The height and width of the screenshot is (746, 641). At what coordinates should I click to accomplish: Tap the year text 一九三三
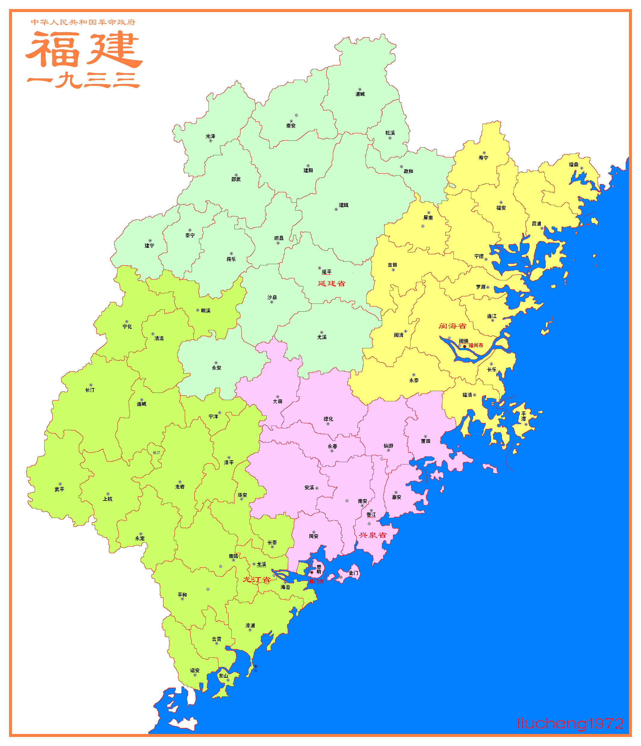point(84,80)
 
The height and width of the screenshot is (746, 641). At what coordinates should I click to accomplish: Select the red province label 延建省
point(331,283)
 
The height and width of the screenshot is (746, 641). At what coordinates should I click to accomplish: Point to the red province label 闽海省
point(452,326)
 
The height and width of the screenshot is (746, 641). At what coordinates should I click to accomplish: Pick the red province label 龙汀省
point(256,580)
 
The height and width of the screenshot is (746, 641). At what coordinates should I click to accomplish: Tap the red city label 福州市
point(476,345)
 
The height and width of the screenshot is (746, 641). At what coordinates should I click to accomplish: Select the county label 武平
point(59,489)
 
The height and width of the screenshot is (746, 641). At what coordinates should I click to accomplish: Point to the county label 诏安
point(195,670)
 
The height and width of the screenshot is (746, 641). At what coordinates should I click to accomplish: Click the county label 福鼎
point(573,165)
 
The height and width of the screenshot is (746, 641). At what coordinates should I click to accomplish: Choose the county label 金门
point(353,573)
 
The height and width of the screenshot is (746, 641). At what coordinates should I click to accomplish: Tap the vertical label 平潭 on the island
point(524,416)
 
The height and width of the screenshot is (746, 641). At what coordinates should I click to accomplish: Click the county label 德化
point(328,419)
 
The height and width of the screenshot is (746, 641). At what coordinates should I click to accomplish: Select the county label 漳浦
point(250,625)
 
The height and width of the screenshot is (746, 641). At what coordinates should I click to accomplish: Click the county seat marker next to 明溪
point(198,310)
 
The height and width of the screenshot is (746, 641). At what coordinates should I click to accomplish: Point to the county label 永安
point(216,368)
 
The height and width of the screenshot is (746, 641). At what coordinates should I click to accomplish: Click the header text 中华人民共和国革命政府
point(83,22)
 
